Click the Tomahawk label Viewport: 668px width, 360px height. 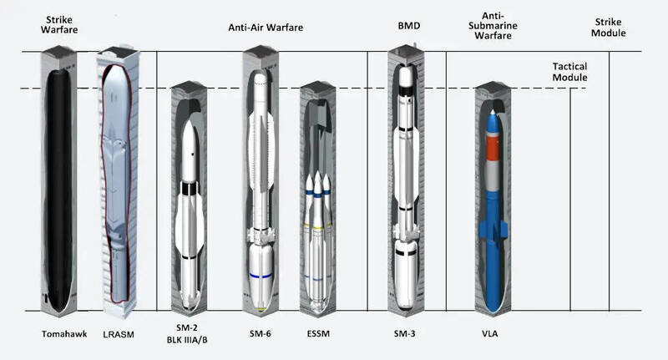[x=64, y=334]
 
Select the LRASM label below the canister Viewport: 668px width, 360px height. [x=119, y=334]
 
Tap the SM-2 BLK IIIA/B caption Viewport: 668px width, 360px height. [x=187, y=333]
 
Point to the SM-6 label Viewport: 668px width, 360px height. [x=261, y=333]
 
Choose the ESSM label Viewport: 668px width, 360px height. [x=318, y=333]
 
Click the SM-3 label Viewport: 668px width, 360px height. [x=405, y=333]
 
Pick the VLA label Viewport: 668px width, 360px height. [x=490, y=333]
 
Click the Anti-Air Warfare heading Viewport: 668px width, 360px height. [x=266, y=28]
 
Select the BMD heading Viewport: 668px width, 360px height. [x=409, y=26]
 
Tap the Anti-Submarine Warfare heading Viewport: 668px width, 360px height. [x=493, y=26]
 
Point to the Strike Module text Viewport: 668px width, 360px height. [x=609, y=28]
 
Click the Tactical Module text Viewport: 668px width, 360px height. [x=570, y=72]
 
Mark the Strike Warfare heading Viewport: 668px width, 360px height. [x=59, y=25]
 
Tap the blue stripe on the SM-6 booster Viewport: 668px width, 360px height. [x=261, y=276]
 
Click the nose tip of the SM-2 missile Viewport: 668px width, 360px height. [x=190, y=120]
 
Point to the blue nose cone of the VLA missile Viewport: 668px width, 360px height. [x=493, y=121]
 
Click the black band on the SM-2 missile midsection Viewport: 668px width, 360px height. [x=190, y=188]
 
